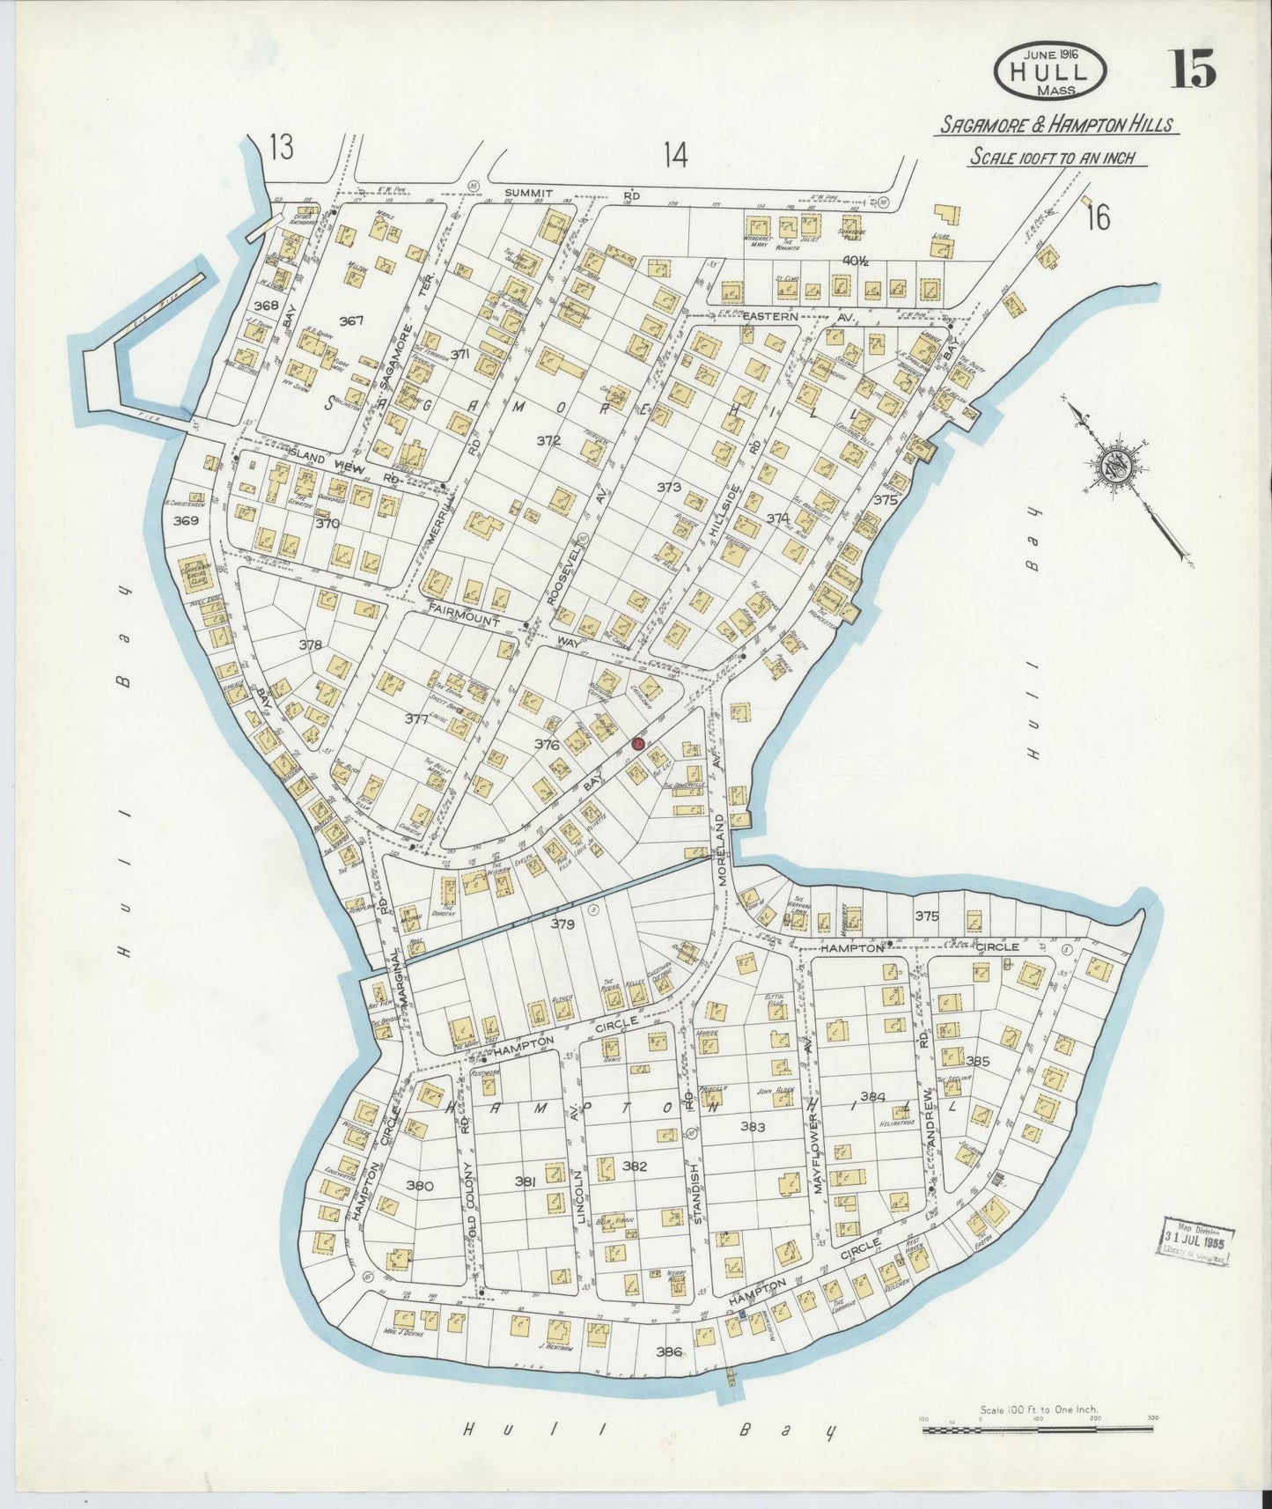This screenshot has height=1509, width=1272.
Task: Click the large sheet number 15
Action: (x=1192, y=69)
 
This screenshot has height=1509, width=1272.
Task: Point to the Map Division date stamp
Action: (x=1194, y=1245)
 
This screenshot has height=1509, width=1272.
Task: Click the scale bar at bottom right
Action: (x=1039, y=1430)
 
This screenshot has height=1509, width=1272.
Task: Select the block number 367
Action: (x=351, y=321)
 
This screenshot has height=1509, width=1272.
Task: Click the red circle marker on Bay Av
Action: (x=639, y=745)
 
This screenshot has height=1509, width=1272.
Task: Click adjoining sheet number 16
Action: (x=1098, y=217)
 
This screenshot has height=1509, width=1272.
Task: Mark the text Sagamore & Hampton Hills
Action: (x=1055, y=125)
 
